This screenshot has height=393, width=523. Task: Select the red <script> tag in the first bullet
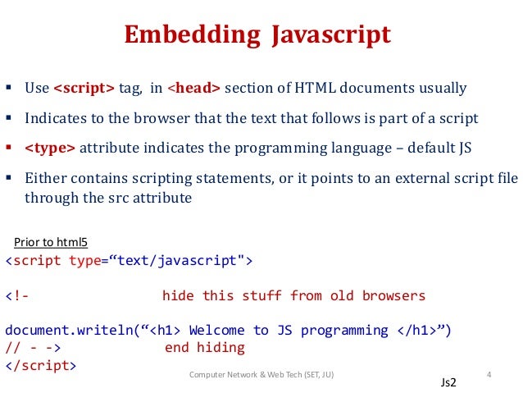point(84,88)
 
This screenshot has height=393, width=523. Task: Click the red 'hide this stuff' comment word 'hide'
point(178,295)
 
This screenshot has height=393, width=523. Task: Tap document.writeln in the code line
point(69,330)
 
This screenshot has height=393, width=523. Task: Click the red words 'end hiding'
point(205,348)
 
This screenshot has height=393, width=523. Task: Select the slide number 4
point(489,375)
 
